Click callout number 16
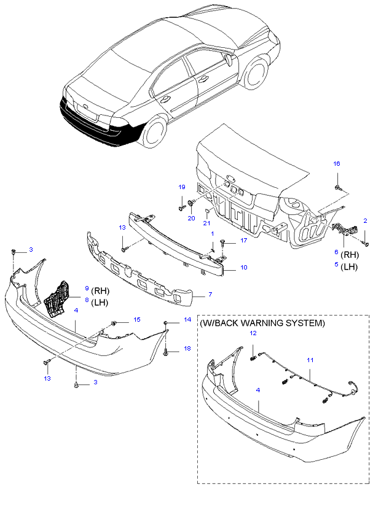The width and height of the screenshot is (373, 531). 336,163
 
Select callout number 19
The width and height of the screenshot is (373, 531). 181,187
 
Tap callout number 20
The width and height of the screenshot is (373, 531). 191,218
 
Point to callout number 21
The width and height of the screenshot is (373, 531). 207,223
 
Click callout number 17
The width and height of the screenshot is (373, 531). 243,241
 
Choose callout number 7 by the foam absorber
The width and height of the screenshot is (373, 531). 210,295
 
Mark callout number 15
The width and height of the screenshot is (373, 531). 136,319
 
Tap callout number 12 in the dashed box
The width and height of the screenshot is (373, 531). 252,333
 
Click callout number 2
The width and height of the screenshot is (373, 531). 365,220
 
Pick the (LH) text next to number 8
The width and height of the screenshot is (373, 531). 100,303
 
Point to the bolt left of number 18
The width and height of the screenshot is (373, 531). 167,352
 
